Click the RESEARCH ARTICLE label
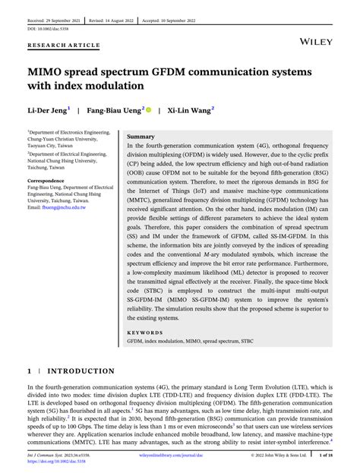pos(64,45)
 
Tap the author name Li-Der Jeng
pos(47,109)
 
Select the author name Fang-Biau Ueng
pos(115,109)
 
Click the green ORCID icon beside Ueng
pos(148,109)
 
